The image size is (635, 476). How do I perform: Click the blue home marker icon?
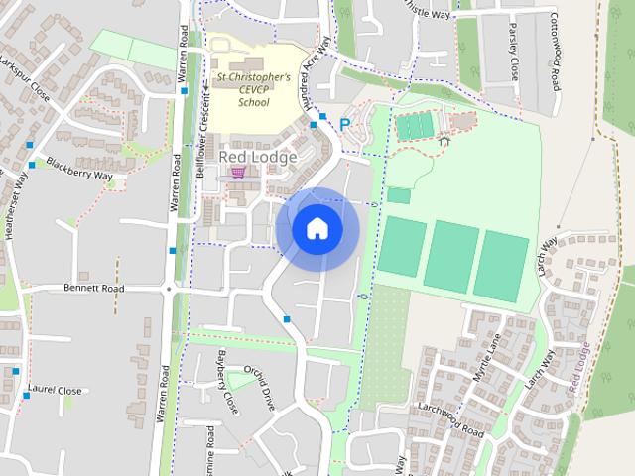click(x=317, y=229)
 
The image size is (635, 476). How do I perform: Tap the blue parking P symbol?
click(x=345, y=125)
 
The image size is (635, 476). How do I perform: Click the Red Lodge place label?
click(x=258, y=157)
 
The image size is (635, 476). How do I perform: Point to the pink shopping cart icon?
click(x=237, y=173)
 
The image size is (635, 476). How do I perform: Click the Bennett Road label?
click(x=93, y=289)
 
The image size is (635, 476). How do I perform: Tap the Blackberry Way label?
click(x=79, y=169)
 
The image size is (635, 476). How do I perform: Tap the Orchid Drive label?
click(x=262, y=388)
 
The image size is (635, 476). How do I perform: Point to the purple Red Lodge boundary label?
click(x=581, y=366)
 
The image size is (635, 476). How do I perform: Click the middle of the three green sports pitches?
click(x=451, y=257)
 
